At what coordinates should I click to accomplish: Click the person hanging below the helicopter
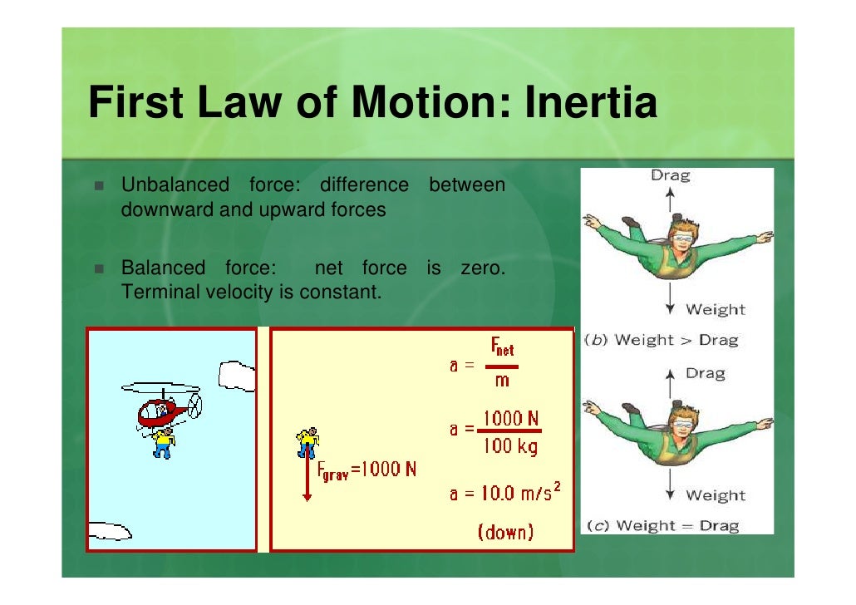tap(163, 442)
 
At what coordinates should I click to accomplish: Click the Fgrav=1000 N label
tap(367, 470)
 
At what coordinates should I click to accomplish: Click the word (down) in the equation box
tap(505, 532)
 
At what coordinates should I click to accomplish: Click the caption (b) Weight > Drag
tap(662, 339)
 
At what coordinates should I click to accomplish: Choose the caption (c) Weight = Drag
tap(662, 525)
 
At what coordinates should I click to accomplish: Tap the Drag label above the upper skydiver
tap(670, 175)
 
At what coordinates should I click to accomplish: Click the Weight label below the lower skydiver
tap(715, 495)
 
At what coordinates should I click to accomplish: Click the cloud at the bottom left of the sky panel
tap(109, 529)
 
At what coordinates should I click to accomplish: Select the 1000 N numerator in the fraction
tap(513, 417)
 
